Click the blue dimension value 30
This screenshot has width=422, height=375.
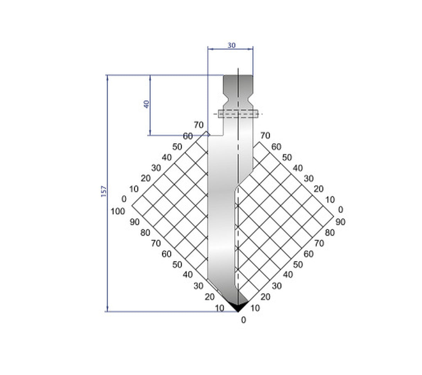pyautogui.click(x=231, y=45)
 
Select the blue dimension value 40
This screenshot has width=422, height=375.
pyautogui.click(x=147, y=104)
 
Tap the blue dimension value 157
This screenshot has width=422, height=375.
pyautogui.click(x=104, y=191)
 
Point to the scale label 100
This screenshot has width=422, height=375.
pyautogui.click(x=118, y=211)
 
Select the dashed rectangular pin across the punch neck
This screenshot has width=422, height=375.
pyautogui.click(x=238, y=114)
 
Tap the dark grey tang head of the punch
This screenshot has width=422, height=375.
pyautogui.click(x=238, y=83)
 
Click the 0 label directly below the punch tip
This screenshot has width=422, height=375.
pyautogui.click(x=243, y=320)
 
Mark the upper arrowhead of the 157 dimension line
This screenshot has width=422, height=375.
pyautogui.click(x=107, y=77)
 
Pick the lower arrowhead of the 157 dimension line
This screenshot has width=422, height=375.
pyautogui.click(x=107, y=309)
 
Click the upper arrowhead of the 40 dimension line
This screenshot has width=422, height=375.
pyautogui.click(x=150, y=77)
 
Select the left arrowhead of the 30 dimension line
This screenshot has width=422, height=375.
pyautogui.click(x=210, y=49)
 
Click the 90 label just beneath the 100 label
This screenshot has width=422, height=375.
pyautogui.click(x=134, y=222)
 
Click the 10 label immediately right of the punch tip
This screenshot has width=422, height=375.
pyautogui.click(x=255, y=308)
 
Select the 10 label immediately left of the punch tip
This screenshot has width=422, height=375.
pyautogui.click(x=220, y=308)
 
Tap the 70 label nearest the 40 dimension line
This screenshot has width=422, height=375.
pyautogui.click(x=199, y=125)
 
